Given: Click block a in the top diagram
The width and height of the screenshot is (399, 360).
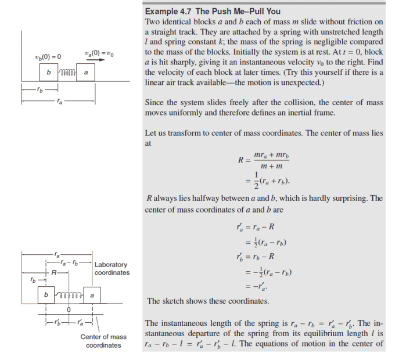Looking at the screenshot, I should coord(85,73).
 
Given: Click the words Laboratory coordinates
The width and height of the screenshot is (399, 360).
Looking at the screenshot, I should coord(112,269).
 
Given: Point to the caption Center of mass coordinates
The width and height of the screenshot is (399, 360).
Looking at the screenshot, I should coord(103,341).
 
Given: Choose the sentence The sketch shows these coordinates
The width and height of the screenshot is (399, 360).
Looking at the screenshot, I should coord(208,301).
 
